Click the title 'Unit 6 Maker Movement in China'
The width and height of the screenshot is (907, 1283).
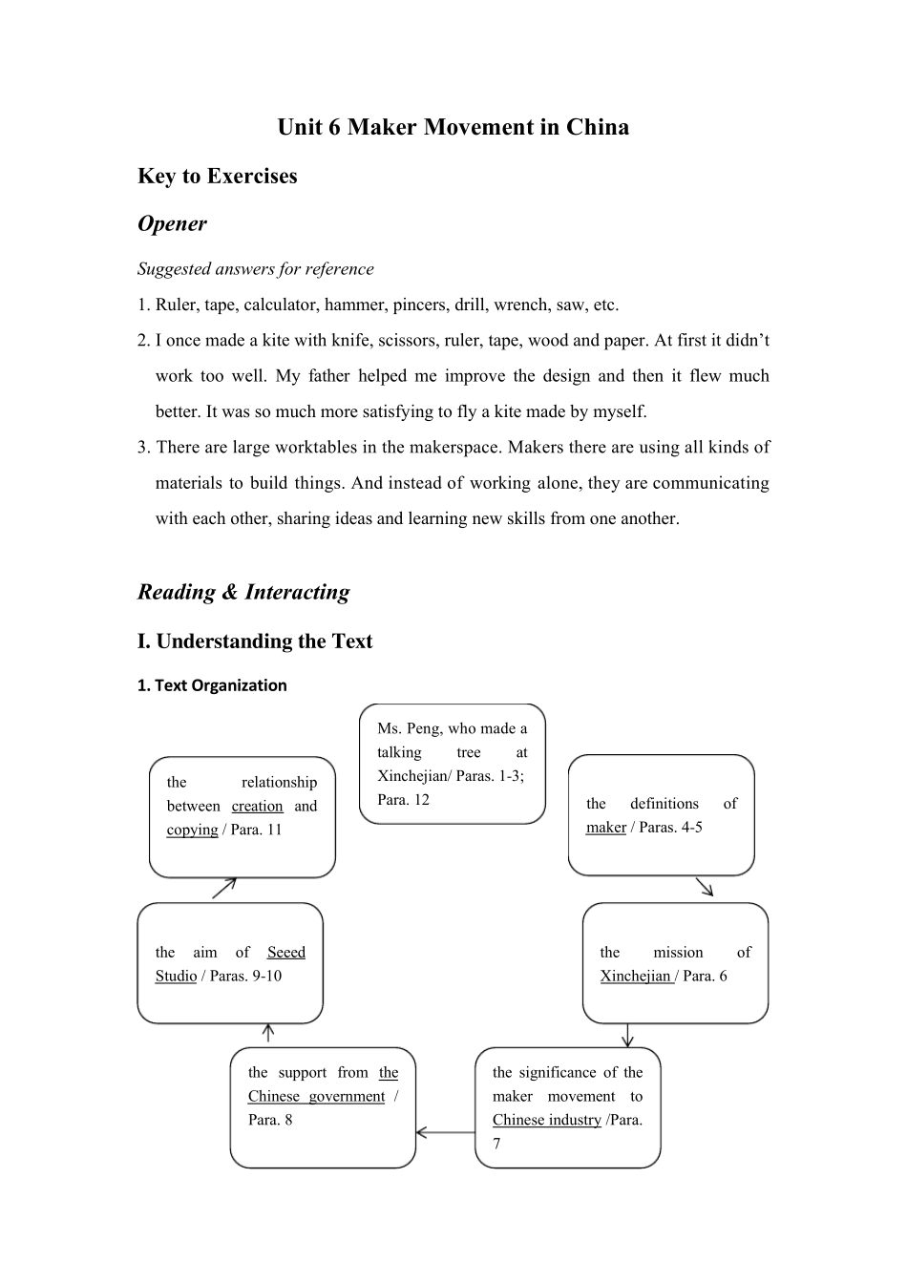click(453, 127)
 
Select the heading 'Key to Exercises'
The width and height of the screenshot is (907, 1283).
click(218, 176)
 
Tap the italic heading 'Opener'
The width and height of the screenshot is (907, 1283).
click(172, 223)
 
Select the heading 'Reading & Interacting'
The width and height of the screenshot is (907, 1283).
click(243, 592)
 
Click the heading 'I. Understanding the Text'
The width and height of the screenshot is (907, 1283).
click(255, 641)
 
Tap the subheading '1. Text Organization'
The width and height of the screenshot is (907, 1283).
click(212, 685)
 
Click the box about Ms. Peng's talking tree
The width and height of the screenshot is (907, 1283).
click(452, 764)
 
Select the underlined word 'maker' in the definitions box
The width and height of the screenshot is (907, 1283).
click(605, 828)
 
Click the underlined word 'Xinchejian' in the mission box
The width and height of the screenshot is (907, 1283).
click(636, 976)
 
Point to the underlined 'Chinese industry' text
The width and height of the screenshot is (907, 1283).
click(547, 1120)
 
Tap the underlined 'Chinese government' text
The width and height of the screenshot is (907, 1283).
click(316, 1097)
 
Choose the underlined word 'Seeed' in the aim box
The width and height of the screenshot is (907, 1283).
click(285, 953)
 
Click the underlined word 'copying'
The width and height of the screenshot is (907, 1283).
click(192, 830)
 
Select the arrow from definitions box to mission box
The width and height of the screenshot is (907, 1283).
click(705, 888)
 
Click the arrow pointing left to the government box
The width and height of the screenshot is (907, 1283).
click(445, 1133)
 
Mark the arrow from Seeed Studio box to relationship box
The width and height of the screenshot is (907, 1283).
click(224, 889)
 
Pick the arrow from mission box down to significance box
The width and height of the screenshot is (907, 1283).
click(627, 1035)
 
